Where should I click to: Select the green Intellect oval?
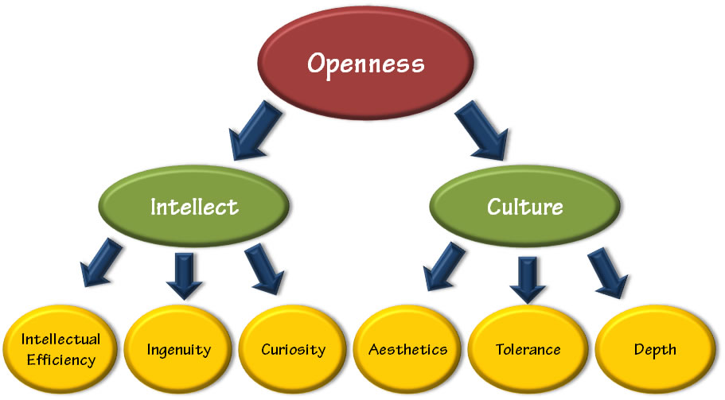click(x=194, y=208)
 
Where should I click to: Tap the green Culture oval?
click(x=524, y=208)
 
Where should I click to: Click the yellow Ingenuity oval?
click(x=178, y=350)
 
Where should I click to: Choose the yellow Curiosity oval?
click(x=293, y=350)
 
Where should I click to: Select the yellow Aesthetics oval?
click(x=408, y=350)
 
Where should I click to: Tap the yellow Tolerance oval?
click(x=528, y=350)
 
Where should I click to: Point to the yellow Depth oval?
click(x=654, y=350)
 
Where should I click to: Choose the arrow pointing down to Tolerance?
click(x=526, y=277)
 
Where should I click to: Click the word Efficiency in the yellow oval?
click(x=61, y=359)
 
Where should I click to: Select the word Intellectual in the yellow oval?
click(x=61, y=340)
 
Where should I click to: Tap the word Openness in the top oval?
click(x=365, y=64)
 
